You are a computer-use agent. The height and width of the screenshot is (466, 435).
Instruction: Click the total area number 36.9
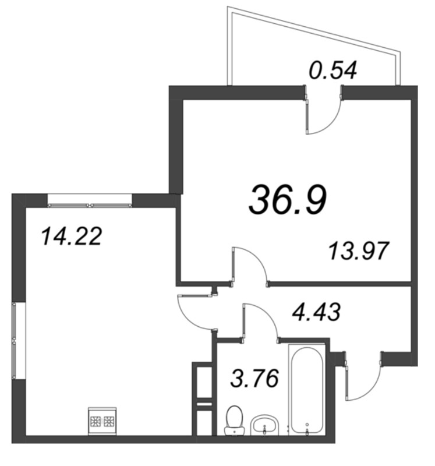[287, 200]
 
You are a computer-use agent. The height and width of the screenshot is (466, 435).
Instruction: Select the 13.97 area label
[358, 252]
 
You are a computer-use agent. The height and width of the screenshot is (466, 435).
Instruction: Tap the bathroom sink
[266, 425]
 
